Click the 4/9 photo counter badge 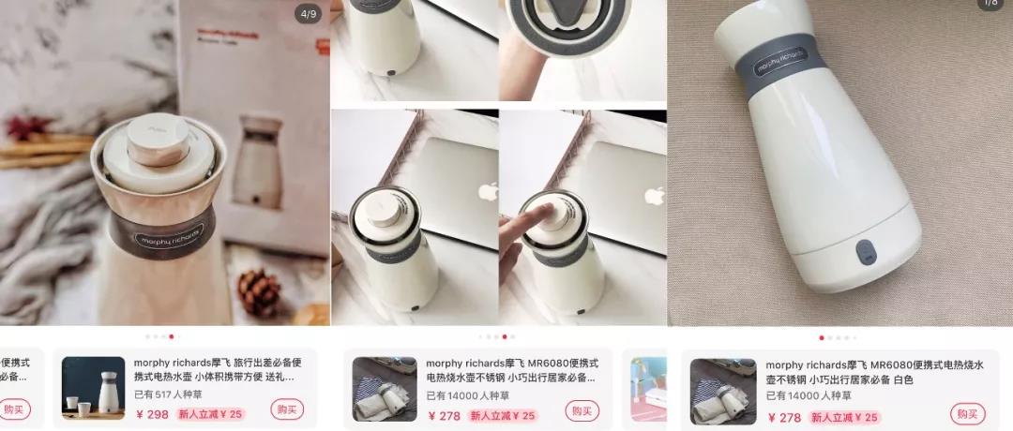(x=307, y=14)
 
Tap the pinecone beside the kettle (x=259, y=292)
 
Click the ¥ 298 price (x=152, y=415)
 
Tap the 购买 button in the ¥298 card (x=287, y=409)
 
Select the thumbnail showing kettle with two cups (x=93, y=388)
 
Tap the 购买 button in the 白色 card (x=967, y=413)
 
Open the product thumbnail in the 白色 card (x=723, y=392)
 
